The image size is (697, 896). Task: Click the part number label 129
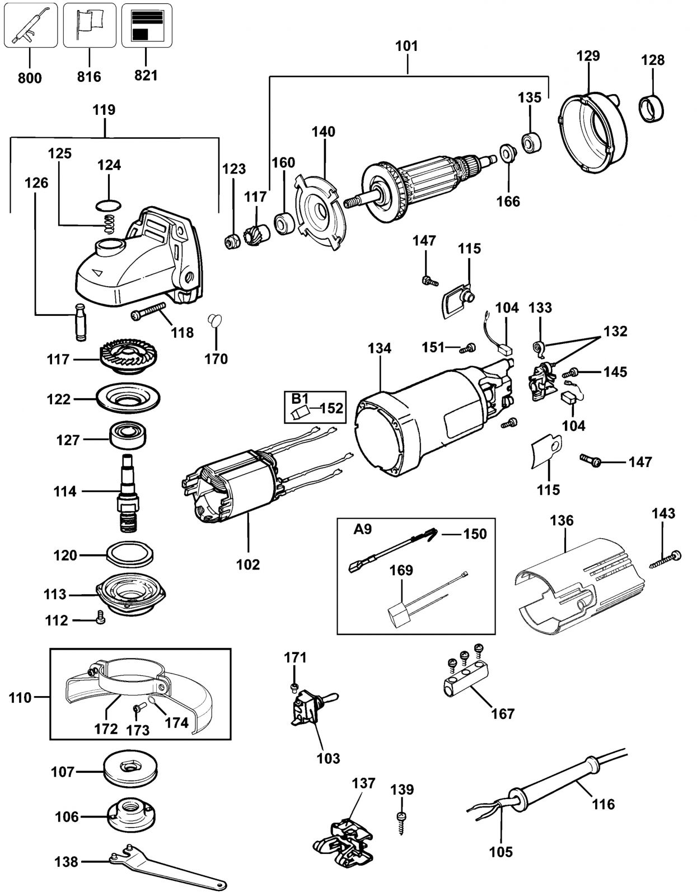588,55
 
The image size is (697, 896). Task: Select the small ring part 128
651,109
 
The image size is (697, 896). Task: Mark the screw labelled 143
666,558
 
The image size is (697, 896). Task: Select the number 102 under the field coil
248,564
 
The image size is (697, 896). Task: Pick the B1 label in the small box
300,398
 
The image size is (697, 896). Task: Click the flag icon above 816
90,25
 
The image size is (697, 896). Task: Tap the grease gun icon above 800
30,25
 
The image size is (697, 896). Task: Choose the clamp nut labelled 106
130,815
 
